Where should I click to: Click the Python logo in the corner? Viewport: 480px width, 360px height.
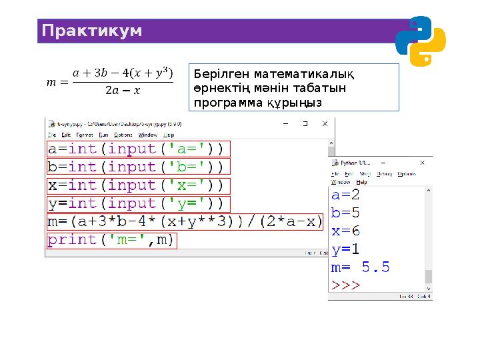point(420,41)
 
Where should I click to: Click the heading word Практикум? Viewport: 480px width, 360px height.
point(92,31)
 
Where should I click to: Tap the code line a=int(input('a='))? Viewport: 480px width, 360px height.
point(136,149)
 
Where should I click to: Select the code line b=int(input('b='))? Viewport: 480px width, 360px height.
point(136,167)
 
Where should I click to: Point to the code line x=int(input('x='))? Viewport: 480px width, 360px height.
point(136,185)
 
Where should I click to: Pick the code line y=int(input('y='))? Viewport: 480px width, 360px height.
point(136,203)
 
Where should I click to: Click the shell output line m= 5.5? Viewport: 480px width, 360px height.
point(360,268)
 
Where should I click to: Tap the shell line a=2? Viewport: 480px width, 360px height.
point(345,195)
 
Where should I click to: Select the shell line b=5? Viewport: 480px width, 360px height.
point(345,213)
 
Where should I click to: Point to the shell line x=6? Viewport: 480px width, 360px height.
point(345,231)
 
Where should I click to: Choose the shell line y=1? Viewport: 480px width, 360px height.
point(345,249)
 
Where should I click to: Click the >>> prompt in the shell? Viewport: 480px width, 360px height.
point(345,285)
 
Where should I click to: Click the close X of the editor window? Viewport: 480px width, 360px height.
point(325,124)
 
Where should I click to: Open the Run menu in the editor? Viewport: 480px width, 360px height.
point(103,135)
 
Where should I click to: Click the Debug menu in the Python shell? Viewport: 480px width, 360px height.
point(384,173)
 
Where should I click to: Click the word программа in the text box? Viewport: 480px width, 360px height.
point(221,103)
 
